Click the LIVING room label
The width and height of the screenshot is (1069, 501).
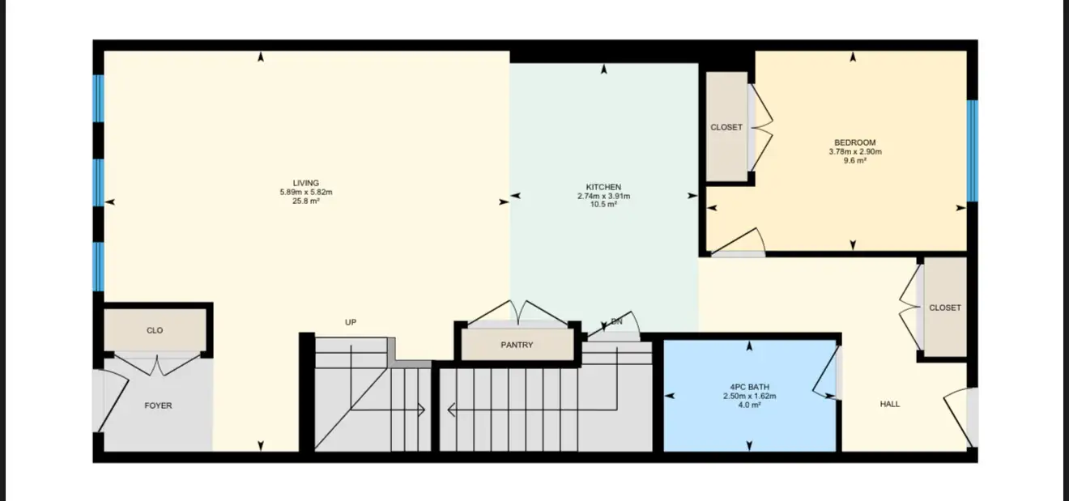306,183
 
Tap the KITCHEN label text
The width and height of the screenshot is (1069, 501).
603,187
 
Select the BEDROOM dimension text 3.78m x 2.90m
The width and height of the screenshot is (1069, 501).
855,151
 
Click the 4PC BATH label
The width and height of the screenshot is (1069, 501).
749,387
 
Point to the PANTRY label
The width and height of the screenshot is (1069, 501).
517,345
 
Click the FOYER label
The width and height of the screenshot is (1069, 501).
158,405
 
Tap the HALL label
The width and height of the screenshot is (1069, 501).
890,404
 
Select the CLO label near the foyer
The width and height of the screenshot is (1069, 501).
155,330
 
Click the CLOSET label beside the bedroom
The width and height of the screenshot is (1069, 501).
726,127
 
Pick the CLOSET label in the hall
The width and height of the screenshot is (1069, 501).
945,308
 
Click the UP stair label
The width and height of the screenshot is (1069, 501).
351,322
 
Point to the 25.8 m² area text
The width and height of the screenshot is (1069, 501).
306,201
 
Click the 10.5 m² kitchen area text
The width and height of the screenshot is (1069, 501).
603,204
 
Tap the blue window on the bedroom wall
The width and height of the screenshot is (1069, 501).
972,151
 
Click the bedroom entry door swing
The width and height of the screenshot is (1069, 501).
737,240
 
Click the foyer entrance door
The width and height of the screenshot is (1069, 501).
113,401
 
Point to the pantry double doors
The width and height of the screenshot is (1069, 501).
517,313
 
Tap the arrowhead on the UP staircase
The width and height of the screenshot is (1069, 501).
422,410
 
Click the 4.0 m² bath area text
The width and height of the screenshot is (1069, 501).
749,405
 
